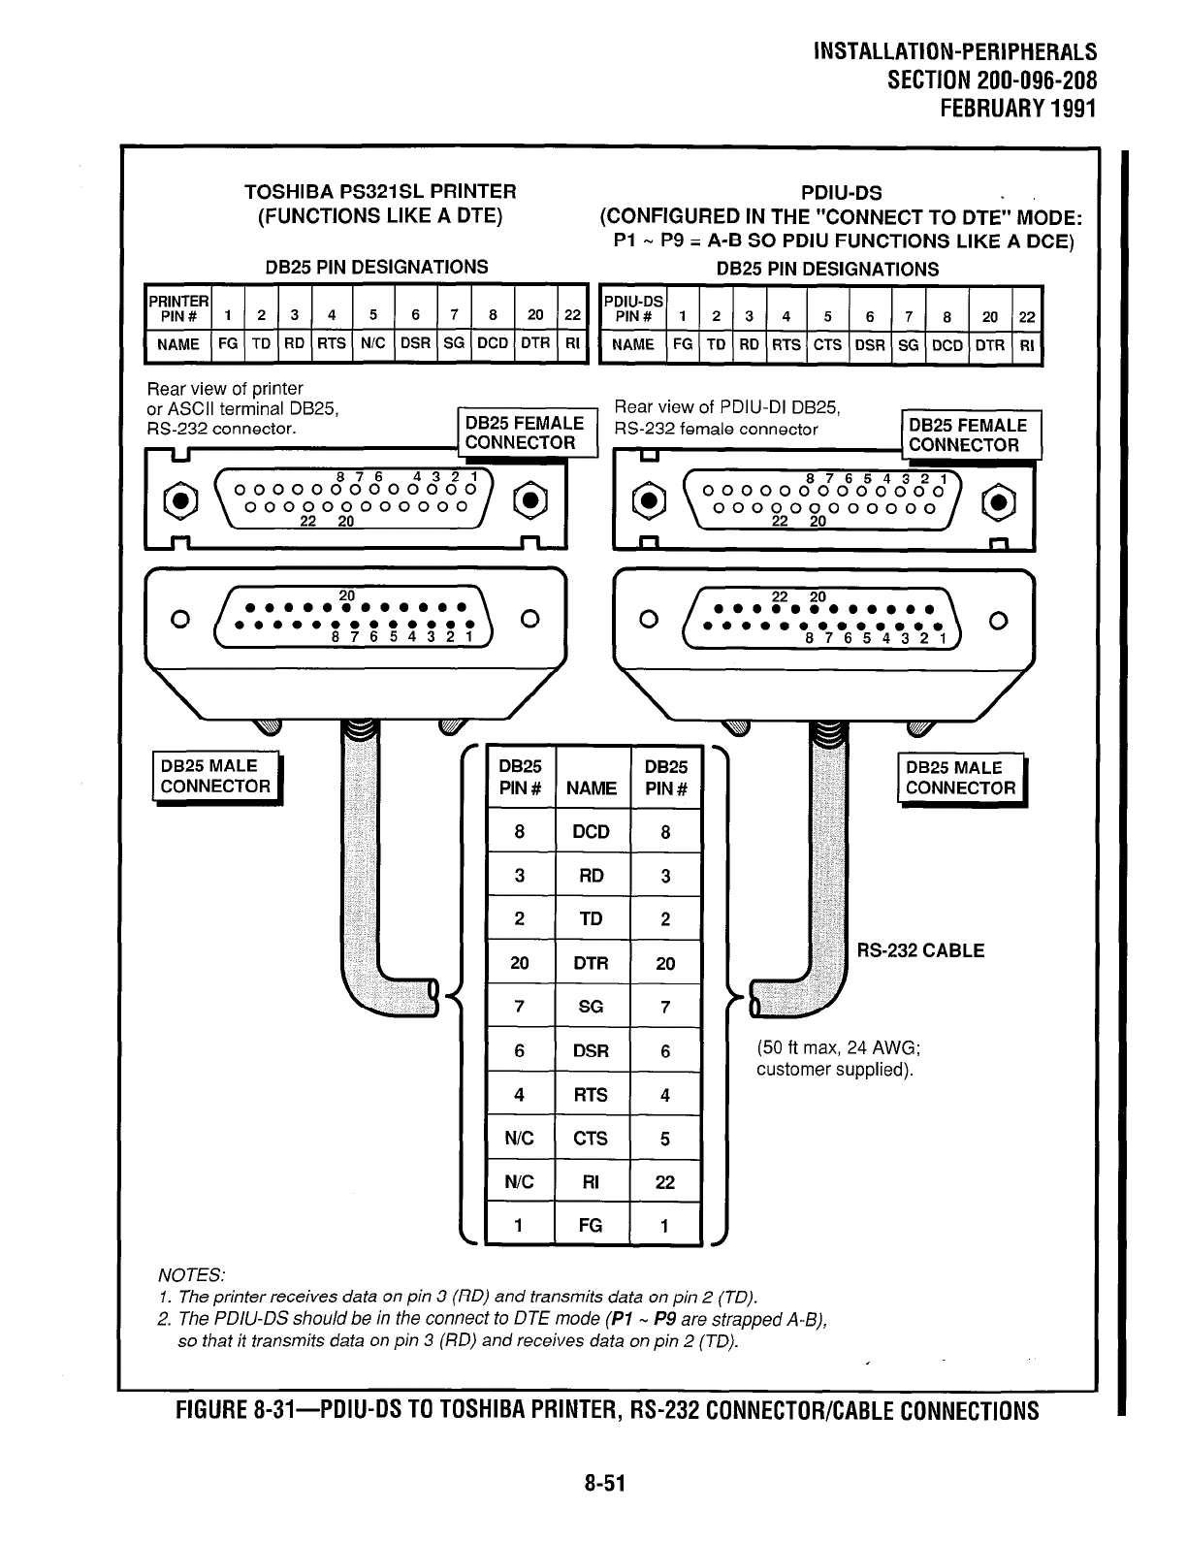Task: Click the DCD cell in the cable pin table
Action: click(x=591, y=832)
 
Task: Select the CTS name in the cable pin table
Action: click(x=591, y=1139)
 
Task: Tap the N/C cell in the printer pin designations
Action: click(x=372, y=344)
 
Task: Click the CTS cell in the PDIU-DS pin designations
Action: click(x=827, y=344)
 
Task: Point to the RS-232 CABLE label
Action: click(x=920, y=951)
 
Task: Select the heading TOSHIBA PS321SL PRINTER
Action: click(x=380, y=192)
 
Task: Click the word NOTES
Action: click(x=190, y=1274)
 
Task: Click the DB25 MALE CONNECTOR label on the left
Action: click(x=214, y=777)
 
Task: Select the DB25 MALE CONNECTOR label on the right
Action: click(x=960, y=778)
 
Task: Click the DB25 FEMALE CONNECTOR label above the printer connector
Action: click(x=525, y=434)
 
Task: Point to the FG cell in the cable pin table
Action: click(x=591, y=1226)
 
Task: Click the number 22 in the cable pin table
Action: click(x=665, y=1182)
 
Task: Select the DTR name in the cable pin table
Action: click(x=591, y=963)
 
